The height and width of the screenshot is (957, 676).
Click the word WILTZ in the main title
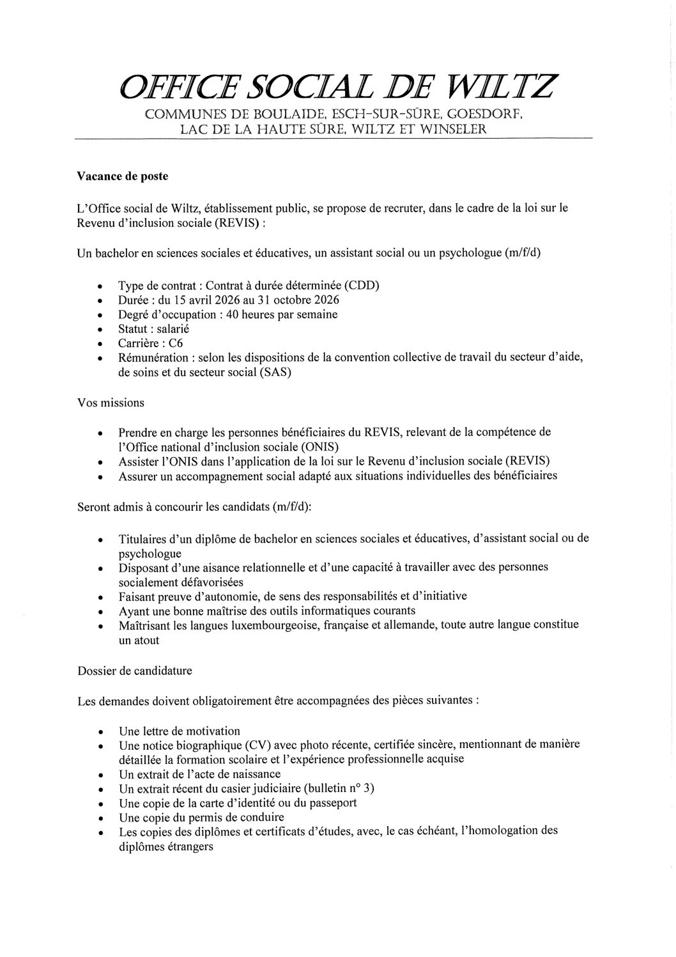click(503, 86)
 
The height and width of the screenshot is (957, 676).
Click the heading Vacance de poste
click(123, 176)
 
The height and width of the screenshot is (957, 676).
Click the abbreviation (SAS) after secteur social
click(275, 373)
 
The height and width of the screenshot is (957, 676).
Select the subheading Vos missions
click(111, 403)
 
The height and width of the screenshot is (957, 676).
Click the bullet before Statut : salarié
click(100, 331)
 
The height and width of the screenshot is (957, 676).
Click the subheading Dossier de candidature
click(135, 671)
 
